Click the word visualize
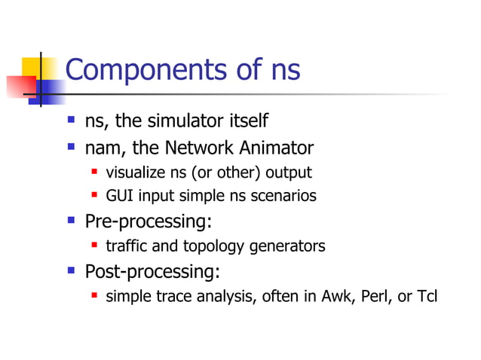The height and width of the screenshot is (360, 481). tap(136, 172)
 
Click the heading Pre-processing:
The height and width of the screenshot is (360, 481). tap(149, 222)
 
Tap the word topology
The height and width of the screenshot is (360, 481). tap(222, 246)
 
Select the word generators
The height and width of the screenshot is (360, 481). tap(288, 246)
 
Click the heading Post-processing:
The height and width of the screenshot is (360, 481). tap(153, 271)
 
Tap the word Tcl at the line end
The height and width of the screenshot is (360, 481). tap(426, 296)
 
